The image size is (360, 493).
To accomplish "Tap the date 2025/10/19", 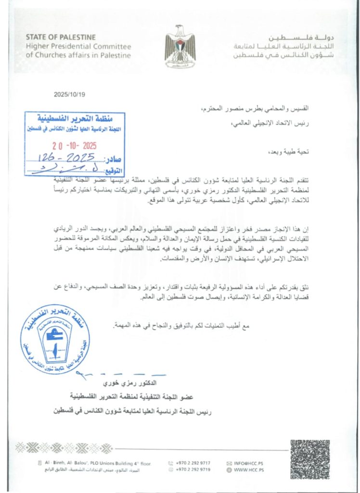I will pyautogui.click(x=69, y=94).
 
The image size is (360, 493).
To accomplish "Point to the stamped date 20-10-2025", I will pyautogui.click(x=75, y=145).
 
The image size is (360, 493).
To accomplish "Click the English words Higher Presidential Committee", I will pyautogui.click(x=78, y=46).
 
